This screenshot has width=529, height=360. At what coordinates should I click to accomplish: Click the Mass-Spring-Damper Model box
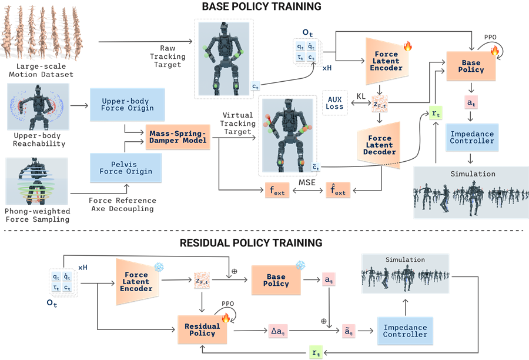178,137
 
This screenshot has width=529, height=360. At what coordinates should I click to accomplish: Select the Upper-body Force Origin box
127,105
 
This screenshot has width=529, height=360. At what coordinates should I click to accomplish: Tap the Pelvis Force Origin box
126,168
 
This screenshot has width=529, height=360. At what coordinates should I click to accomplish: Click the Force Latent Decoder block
379,145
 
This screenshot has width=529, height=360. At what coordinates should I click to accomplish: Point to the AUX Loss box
334,103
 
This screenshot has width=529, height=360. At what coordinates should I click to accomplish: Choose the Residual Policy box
202,329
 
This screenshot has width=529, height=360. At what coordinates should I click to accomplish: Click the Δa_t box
278,331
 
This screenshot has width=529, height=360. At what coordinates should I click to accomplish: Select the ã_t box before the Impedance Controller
349,331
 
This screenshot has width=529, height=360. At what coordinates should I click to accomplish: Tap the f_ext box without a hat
277,190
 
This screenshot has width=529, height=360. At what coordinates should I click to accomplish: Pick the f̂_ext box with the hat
338,190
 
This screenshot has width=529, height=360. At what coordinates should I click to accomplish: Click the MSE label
307,182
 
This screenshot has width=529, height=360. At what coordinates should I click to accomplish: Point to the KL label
361,96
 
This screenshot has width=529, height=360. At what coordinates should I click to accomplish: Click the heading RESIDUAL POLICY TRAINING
251,243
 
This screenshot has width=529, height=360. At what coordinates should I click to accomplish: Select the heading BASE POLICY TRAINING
262,6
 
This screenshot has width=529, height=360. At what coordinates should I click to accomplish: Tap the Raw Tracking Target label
168,56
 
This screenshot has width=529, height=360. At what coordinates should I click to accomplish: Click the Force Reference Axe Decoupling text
122,205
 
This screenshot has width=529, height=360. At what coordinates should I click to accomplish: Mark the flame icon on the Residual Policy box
226,318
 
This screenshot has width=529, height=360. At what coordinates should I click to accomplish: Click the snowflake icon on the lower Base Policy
300,265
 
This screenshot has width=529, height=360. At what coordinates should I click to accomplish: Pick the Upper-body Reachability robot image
38,106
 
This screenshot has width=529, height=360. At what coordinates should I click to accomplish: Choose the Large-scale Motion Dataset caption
41,70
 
